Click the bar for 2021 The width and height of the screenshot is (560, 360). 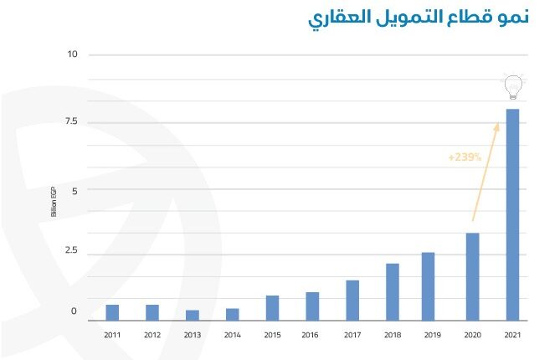coord(512,214)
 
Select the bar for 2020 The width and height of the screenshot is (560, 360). coord(472,276)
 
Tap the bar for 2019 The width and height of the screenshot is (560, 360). coord(428,285)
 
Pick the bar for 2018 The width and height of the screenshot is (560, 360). coord(392,291)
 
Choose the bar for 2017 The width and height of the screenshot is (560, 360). coord(352,300)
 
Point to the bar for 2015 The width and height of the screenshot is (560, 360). coord(272,307)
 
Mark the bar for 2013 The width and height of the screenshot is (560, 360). coord(193,315)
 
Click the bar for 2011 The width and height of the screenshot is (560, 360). coord(112,312)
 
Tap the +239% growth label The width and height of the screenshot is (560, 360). coord(465,157)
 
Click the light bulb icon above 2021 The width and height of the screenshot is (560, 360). coord(512,86)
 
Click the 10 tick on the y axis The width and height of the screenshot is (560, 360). coord(72,54)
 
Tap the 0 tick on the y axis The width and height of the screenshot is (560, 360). coord(74,311)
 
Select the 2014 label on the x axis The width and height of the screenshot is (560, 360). coord(232,335)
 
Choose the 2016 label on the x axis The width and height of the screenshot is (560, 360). coord(311,335)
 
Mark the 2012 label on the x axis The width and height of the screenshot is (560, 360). coord(152,335)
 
